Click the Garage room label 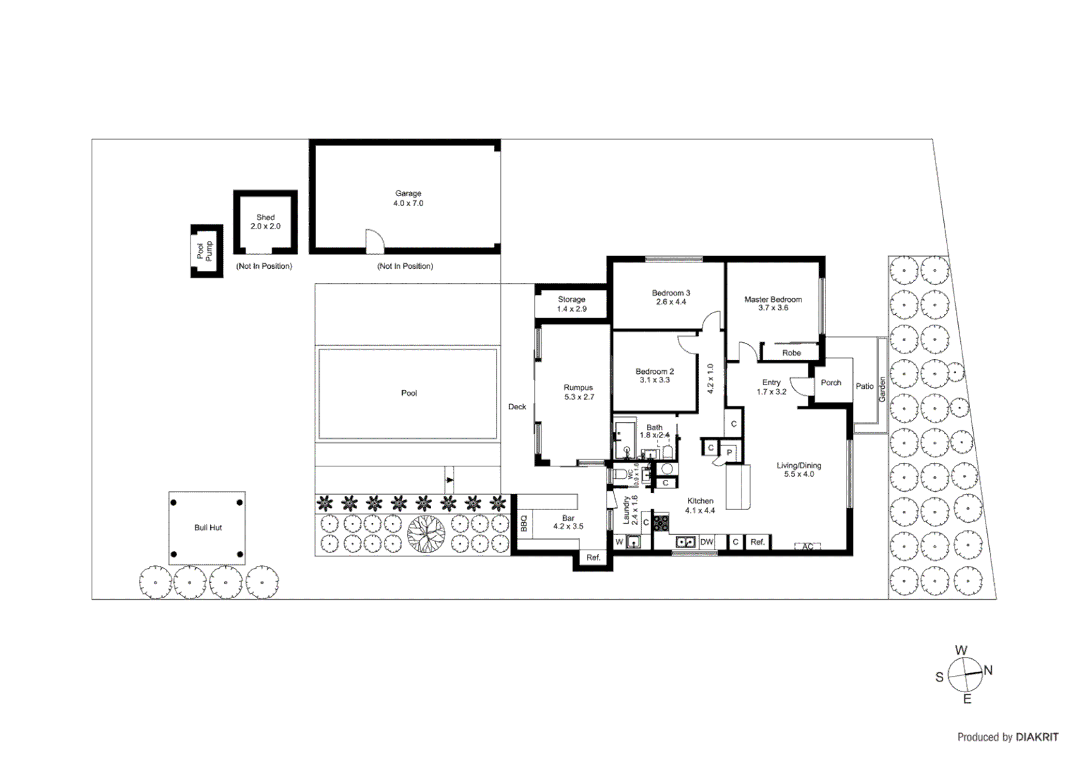408,198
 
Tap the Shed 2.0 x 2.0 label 265,222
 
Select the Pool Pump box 206,251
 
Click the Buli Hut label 208,528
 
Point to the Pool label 408,394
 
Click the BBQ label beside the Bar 524,524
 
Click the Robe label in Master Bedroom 791,353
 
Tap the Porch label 830,383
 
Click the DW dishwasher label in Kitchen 706,542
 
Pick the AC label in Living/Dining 808,547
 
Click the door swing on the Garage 375,242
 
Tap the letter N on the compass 988,670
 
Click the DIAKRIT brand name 1036,737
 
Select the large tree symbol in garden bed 425,534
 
